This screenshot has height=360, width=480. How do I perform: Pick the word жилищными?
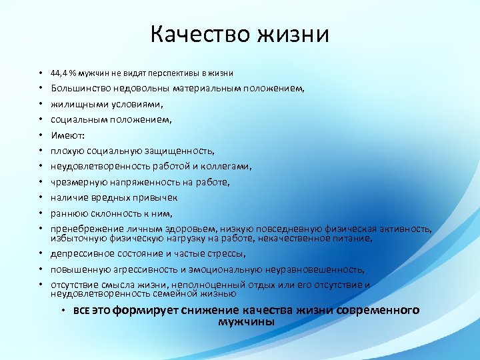(x=78, y=104)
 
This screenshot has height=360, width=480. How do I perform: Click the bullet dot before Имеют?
(x=40, y=135)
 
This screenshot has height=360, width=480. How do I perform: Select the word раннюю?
(x=67, y=213)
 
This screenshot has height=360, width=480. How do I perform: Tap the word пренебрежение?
(x=85, y=229)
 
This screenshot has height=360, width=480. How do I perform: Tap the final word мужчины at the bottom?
(x=246, y=322)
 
